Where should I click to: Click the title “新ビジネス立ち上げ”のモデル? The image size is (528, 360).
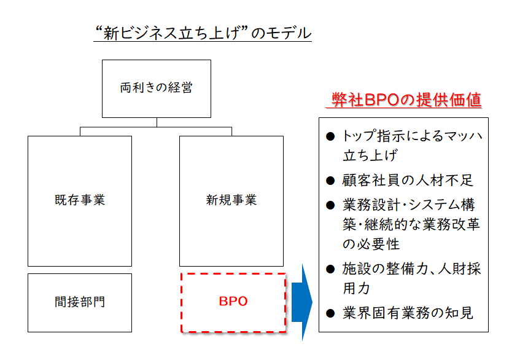click(x=203, y=33)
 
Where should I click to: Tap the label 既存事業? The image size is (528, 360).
click(x=80, y=200)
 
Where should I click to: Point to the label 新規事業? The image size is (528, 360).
click(x=231, y=200)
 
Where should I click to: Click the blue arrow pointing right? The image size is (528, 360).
click(x=301, y=302)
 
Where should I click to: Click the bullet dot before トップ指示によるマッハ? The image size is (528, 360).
click(x=330, y=136)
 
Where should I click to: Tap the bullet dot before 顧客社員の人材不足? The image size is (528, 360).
click(x=330, y=181)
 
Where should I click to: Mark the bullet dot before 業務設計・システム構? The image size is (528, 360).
click(x=330, y=205)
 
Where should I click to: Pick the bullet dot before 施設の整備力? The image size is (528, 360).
click(x=330, y=269)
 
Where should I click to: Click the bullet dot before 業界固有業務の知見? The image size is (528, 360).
click(x=330, y=313)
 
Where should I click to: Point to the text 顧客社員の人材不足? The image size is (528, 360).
click(x=408, y=181)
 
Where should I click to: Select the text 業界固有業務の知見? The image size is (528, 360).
click(x=408, y=313)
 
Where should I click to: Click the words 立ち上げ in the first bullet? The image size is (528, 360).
click(x=370, y=155)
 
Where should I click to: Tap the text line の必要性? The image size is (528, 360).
click(x=371, y=244)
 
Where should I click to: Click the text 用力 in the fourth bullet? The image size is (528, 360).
click(x=357, y=288)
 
